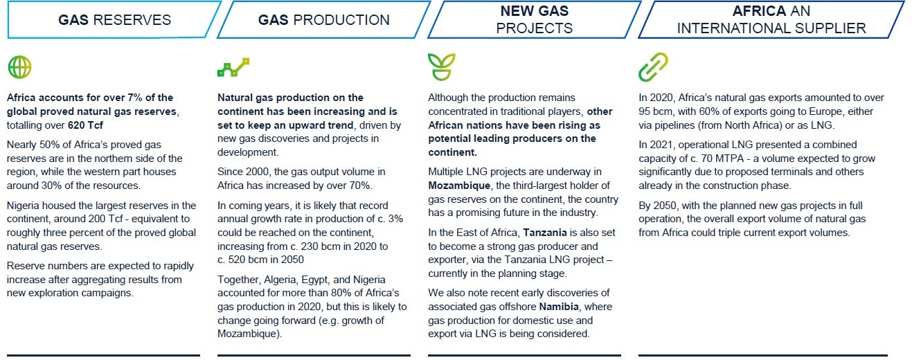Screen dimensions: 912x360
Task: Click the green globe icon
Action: coord(19,67)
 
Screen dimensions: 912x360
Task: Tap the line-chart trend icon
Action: coord(233,67)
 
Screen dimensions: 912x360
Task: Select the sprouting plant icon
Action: coord(441,66)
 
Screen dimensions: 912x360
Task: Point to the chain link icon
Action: coord(653,67)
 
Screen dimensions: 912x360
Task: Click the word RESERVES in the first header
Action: coord(132,20)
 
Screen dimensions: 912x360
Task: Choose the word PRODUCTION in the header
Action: coord(341,20)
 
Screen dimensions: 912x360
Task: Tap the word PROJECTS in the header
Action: coord(534,28)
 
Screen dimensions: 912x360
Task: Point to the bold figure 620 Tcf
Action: coord(85,125)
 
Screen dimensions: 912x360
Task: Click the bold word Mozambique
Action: coord(459,186)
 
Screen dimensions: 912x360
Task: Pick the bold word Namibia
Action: coord(559,307)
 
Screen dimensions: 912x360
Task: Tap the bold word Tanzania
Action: coord(545,233)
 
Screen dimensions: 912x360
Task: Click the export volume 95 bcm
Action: coord(655,111)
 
